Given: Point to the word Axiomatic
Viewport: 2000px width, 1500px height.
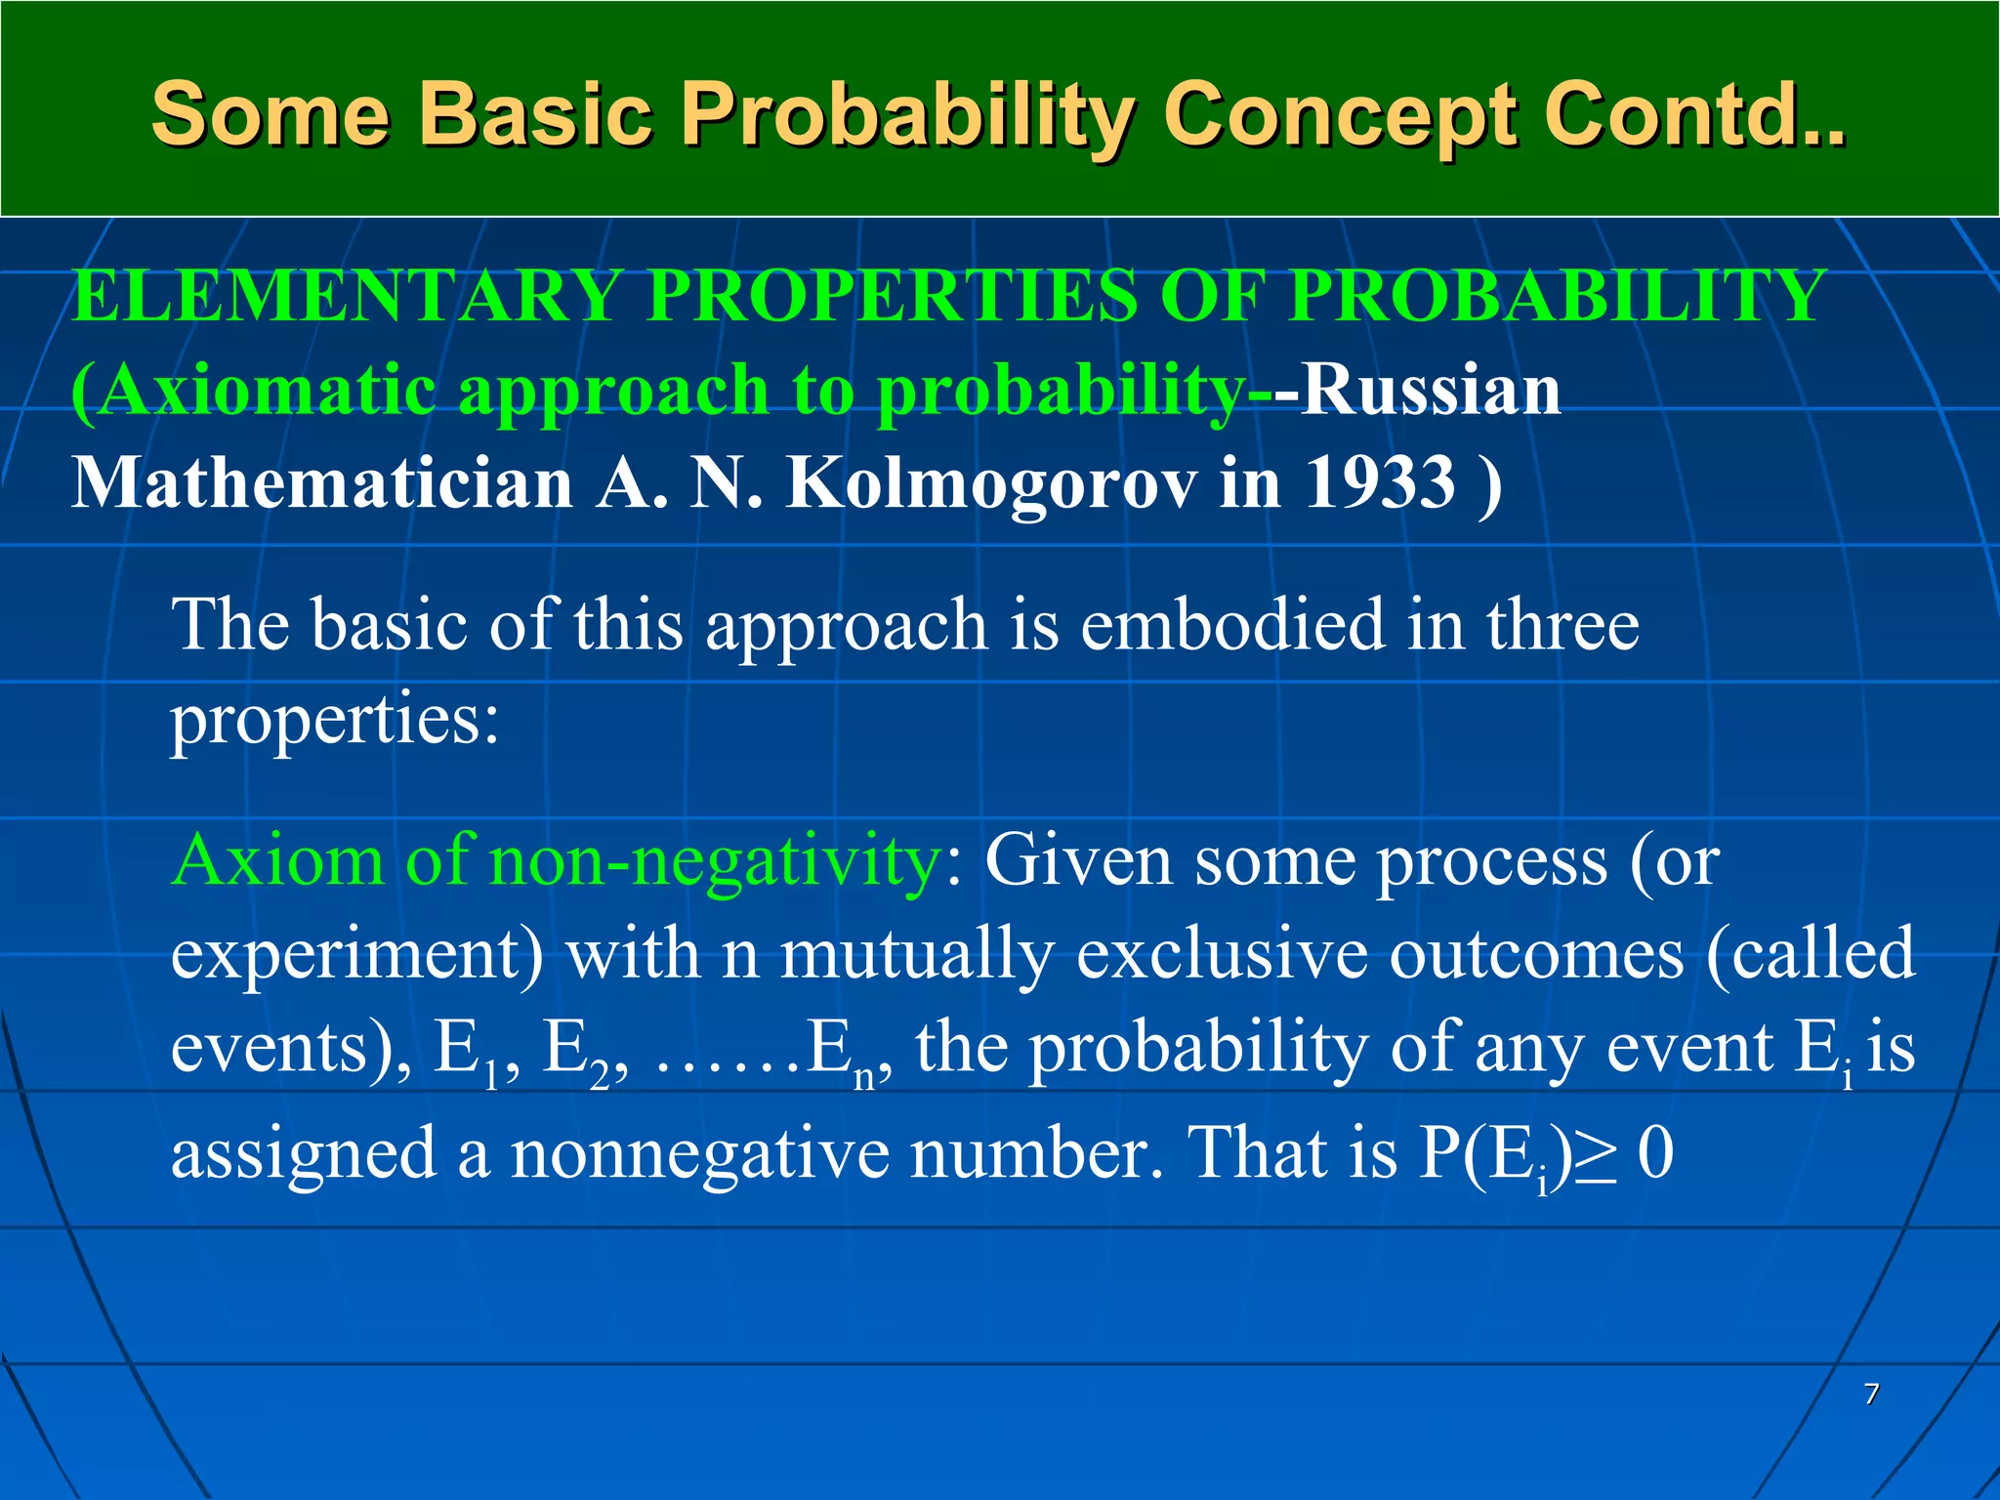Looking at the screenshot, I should [253, 390].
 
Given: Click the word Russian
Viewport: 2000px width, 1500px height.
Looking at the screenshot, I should [1430, 390].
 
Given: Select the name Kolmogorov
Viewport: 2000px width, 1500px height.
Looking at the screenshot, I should [991, 483].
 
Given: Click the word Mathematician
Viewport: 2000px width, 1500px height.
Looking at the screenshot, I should [322, 483].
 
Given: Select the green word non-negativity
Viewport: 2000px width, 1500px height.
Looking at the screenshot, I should [713, 861].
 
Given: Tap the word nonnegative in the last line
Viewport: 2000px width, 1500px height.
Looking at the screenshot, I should [699, 1153].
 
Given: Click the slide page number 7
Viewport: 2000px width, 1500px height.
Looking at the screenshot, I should [1871, 1394].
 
